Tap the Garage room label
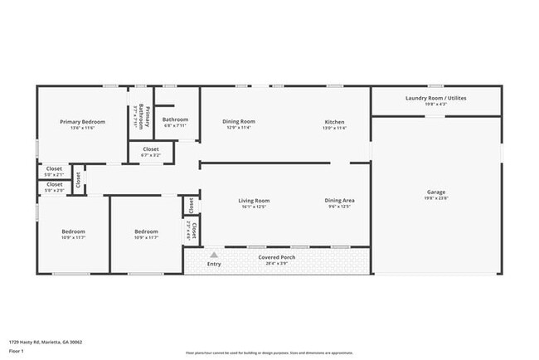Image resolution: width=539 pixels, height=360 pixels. (436, 192)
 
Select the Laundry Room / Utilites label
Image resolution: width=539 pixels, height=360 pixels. (436, 98)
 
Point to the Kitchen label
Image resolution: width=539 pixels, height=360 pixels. (334, 122)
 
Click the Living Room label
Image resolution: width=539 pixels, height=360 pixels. (255, 200)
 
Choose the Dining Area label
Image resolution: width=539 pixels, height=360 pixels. (338, 200)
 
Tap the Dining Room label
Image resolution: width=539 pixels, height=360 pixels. (239, 122)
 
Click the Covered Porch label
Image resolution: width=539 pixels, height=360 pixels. (277, 257)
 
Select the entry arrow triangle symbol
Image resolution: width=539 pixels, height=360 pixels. (214, 255)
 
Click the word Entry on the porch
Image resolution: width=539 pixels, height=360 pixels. (214, 264)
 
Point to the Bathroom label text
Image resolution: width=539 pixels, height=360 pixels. (176, 119)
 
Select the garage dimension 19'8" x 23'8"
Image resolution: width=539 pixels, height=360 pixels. (436, 198)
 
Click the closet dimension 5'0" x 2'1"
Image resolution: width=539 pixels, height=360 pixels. (54, 175)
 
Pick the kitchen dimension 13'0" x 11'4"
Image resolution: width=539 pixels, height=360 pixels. (334, 128)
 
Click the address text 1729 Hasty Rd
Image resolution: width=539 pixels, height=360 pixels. (46, 342)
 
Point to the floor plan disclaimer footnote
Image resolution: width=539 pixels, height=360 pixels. (269, 353)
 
